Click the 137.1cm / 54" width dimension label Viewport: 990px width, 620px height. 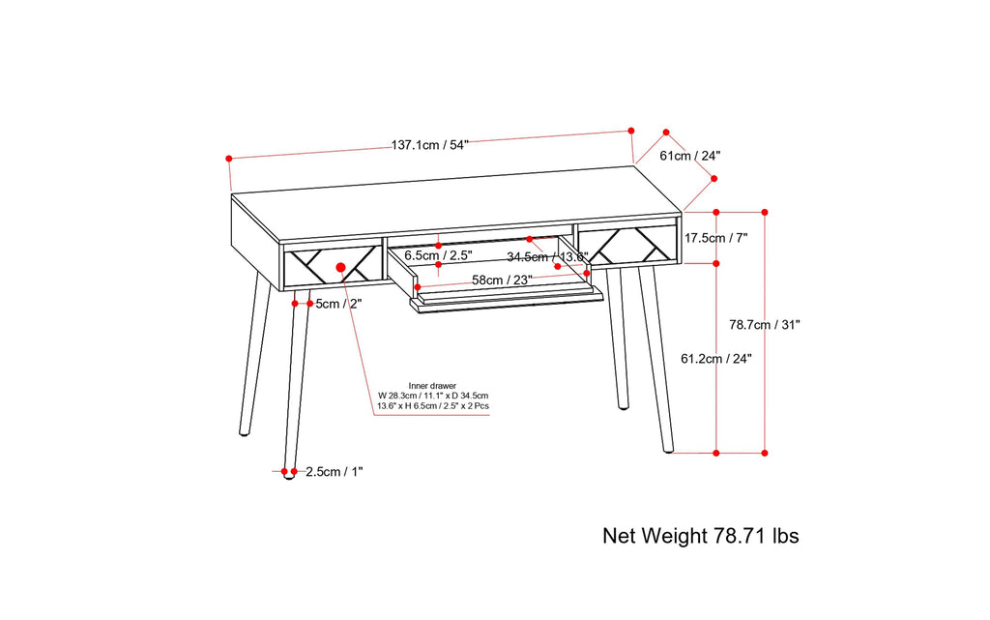(429, 146)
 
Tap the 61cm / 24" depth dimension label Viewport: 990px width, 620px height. (689, 155)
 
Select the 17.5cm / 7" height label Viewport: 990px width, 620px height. (716, 237)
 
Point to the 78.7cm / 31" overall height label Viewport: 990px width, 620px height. (765, 325)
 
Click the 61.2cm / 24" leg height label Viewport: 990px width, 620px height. (716, 358)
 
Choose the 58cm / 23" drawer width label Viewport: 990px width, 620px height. (502, 280)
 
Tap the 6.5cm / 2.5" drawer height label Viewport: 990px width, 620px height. (437, 255)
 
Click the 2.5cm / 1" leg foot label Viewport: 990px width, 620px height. (334, 472)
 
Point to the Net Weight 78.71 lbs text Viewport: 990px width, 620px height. (700, 535)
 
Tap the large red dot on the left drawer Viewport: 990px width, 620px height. (340, 267)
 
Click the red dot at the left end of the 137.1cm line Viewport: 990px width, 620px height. (229, 158)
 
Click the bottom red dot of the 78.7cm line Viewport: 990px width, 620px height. (765, 452)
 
